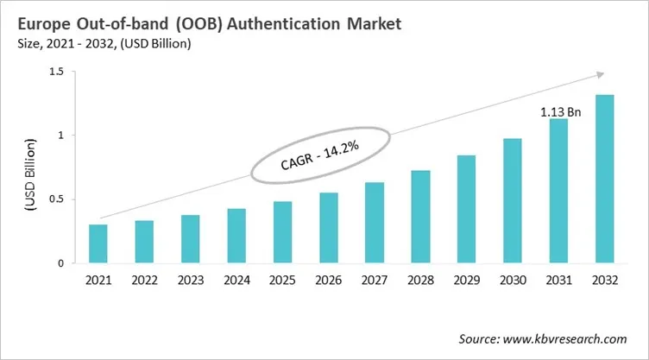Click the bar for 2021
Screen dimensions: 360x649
pyautogui.click(x=98, y=243)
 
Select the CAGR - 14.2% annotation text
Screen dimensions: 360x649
pyautogui.click(x=320, y=158)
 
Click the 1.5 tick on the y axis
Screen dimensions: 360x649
pyautogui.click(x=56, y=72)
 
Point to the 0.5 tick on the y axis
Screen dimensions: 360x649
pyautogui.click(x=56, y=199)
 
